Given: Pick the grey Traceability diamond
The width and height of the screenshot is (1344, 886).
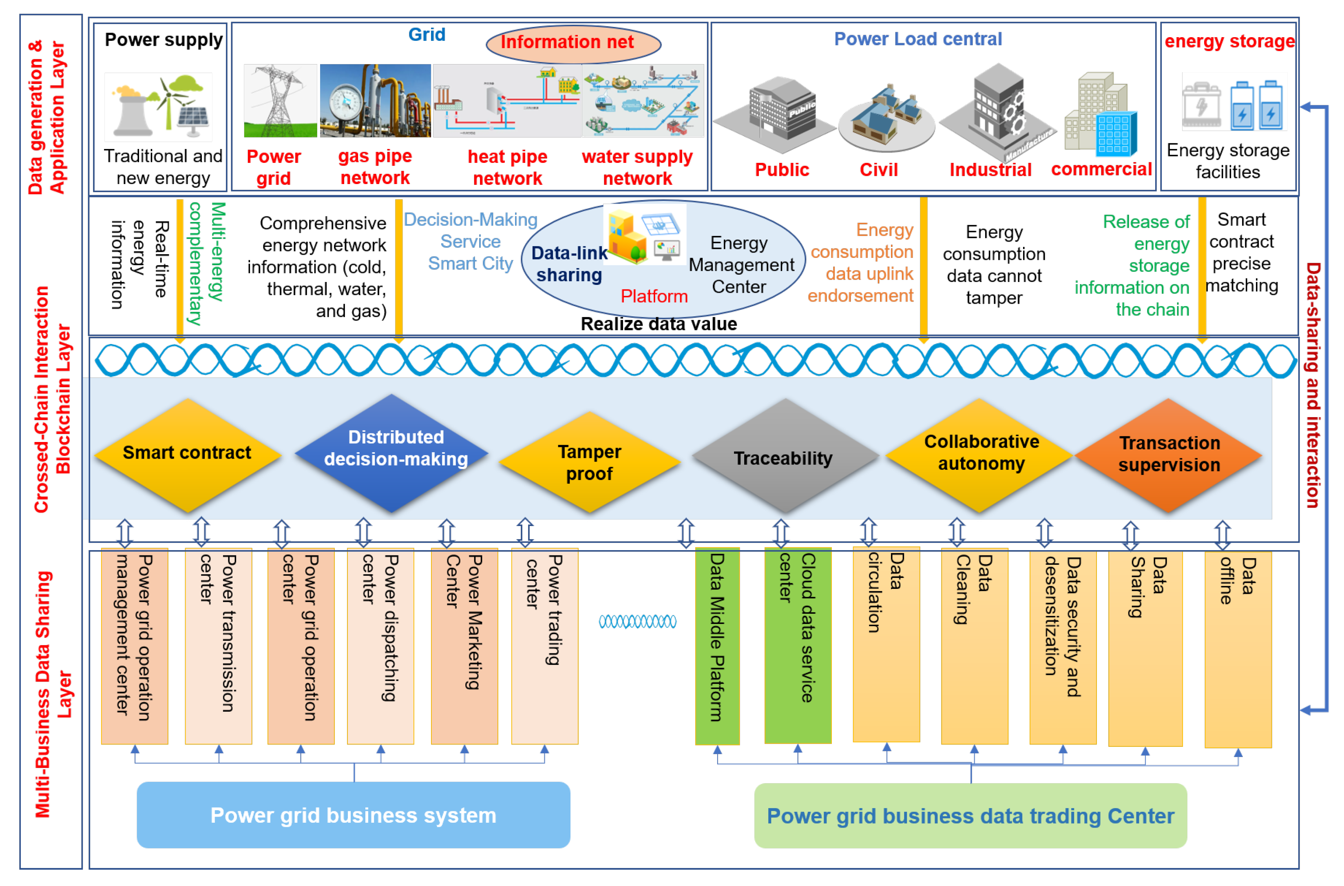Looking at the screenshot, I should tap(785, 457).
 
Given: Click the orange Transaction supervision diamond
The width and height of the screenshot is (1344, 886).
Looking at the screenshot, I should tap(1169, 455).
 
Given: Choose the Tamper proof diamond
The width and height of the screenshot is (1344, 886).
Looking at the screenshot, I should tap(590, 463).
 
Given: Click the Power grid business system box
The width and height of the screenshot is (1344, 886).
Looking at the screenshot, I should tap(354, 815).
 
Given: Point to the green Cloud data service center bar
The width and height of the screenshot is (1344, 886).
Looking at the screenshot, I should tap(797, 645).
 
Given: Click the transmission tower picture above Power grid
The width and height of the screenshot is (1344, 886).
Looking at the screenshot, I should tap(280, 100).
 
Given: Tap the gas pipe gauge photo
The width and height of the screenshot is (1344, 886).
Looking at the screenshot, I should tap(375, 100).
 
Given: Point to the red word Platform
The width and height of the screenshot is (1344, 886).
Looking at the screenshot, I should tap(654, 296).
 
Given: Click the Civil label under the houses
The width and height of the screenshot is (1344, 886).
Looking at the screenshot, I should tap(878, 169).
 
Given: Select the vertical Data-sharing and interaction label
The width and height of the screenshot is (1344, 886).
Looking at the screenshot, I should tap(1313, 384).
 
